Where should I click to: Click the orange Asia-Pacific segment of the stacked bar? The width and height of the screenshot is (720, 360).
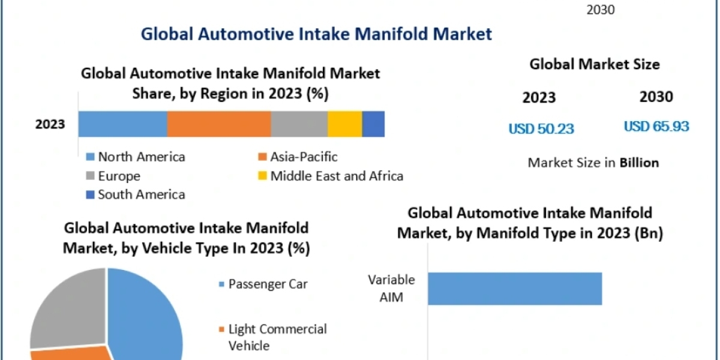[x=219, y=124]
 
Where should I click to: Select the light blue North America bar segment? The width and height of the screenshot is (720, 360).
[x=123, y=124]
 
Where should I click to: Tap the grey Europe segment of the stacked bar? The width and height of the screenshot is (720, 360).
[x=299, y=124]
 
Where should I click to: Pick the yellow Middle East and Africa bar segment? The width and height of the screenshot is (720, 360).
[x=345, y=124]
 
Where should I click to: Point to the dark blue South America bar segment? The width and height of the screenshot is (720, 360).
[x=373, y=124]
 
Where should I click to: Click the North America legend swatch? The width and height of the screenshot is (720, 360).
[x=91, y=157]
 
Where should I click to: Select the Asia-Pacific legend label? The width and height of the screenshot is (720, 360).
[x=304, y=157]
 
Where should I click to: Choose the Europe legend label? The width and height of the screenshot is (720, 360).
[x=119, y=176]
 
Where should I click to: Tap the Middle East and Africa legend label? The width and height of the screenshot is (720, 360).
[x=337, y=176]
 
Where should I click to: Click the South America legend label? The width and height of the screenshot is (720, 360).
[x=142, y=194]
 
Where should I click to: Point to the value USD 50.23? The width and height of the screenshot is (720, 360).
[x=541, y=128]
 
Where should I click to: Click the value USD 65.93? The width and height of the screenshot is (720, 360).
[x=656, y=127]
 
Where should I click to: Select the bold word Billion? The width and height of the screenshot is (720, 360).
[x=640, y=163]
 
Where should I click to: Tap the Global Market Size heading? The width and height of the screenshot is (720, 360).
[x=595, y=64]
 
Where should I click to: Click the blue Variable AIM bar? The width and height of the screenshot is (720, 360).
[x=515, y=289]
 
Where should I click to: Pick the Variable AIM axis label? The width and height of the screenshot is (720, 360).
[x=391, y=289]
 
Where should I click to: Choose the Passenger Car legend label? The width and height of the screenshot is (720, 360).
[x=268, y=284]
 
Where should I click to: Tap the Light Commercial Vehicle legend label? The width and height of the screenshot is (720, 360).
[x=278, y=337]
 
